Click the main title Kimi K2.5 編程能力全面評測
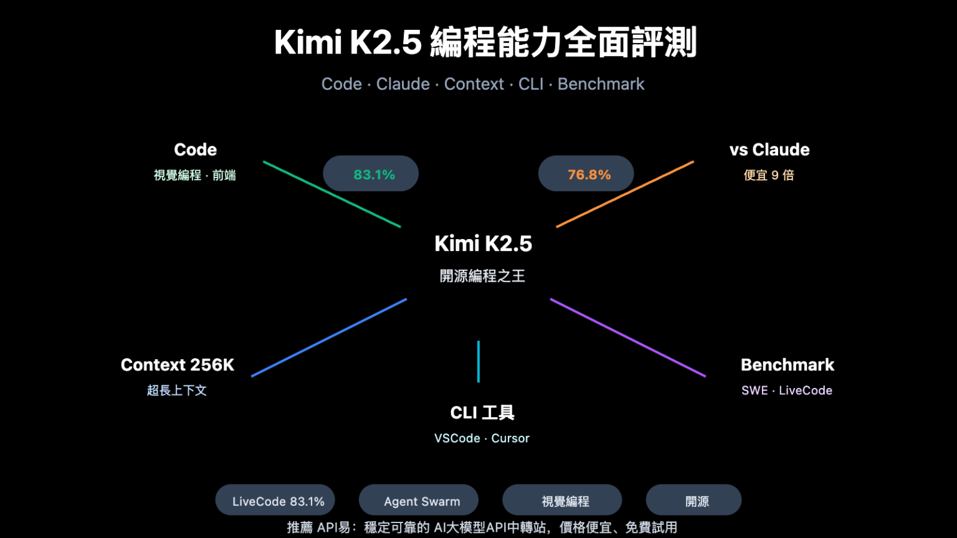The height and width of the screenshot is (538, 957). point(485,42)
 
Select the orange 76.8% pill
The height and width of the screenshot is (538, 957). point(586,174)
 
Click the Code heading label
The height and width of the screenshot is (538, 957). point(195,150)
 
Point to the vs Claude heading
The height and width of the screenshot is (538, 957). point(769,150)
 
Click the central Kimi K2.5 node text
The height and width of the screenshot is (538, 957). point(483,243)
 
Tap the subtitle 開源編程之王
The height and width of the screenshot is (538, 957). point(483,276)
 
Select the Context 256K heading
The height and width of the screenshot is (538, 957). point(178,365)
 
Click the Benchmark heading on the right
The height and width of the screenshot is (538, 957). point(787,365)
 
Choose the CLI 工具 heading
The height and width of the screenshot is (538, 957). point(482,413)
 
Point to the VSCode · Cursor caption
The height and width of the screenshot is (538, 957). point(482,438)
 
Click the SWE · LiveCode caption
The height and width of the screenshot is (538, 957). point(786,390)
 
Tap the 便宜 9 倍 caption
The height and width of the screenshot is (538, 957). point(769,176)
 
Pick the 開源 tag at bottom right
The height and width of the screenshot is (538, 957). point(693,501)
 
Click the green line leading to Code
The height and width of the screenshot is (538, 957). point(331,194)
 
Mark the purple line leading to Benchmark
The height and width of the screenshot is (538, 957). point(628,338)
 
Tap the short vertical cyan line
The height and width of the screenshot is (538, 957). point(478,361)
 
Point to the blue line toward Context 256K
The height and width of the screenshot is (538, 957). point(329,338)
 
